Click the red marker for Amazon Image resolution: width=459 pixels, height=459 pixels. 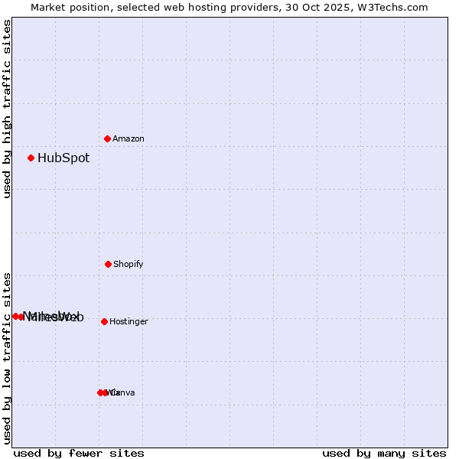click(108, 138)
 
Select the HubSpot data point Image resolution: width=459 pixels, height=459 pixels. click(31, 158)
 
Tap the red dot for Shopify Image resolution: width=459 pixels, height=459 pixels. click(108, 264)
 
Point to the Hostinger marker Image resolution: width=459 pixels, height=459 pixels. click(104, 321)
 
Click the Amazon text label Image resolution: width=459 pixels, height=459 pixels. click(129, 138)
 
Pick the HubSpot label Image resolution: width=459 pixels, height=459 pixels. click(63, 158)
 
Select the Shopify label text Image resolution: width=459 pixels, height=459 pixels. click(129, 264)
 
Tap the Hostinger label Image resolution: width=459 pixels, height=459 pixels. click(129, 321)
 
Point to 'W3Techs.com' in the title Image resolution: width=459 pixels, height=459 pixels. click(391, 7)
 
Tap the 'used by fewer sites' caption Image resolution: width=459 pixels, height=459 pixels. click(79, 453)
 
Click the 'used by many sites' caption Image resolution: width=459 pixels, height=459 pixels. click(384, 453)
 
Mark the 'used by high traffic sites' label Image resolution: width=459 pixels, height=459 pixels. click(7, 109)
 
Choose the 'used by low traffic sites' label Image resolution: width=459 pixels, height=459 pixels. click(7, 358)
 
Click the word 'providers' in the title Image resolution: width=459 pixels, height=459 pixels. click(260, 7)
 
